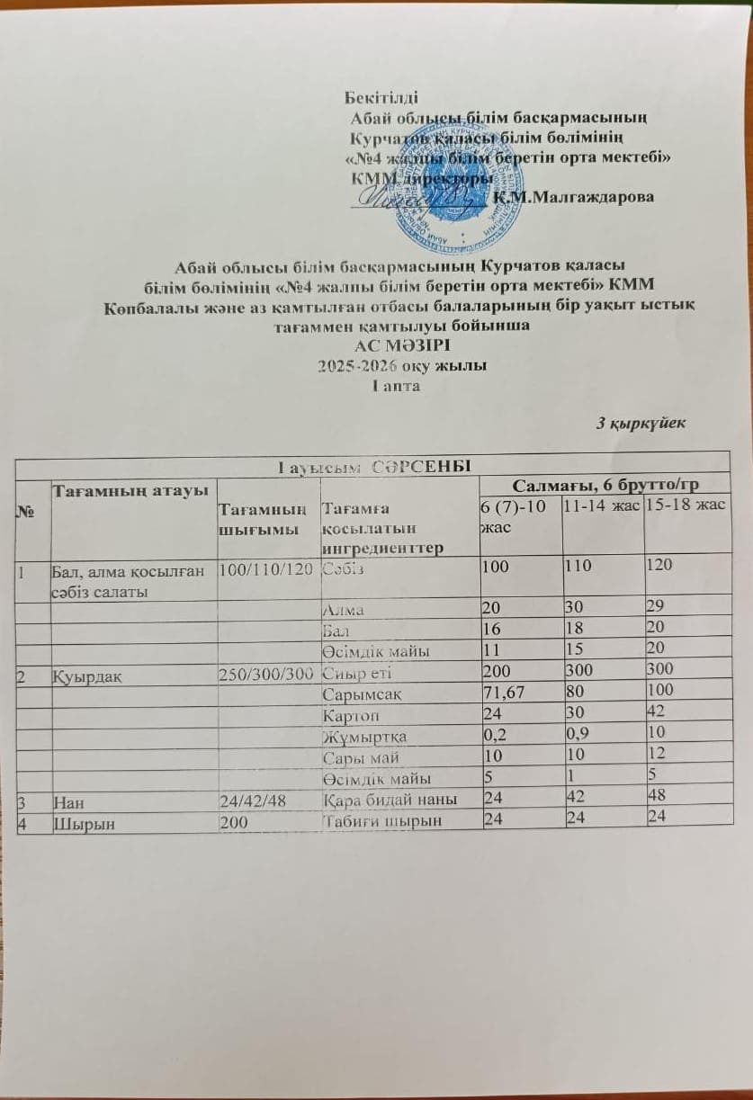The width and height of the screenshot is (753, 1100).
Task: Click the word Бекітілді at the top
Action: click(381, 98)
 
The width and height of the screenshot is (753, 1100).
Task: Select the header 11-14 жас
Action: click(600, 508)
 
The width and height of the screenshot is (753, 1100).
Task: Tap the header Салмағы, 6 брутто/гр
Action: click(613, 485)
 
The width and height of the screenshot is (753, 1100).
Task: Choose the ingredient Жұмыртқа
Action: click(363, 737)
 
